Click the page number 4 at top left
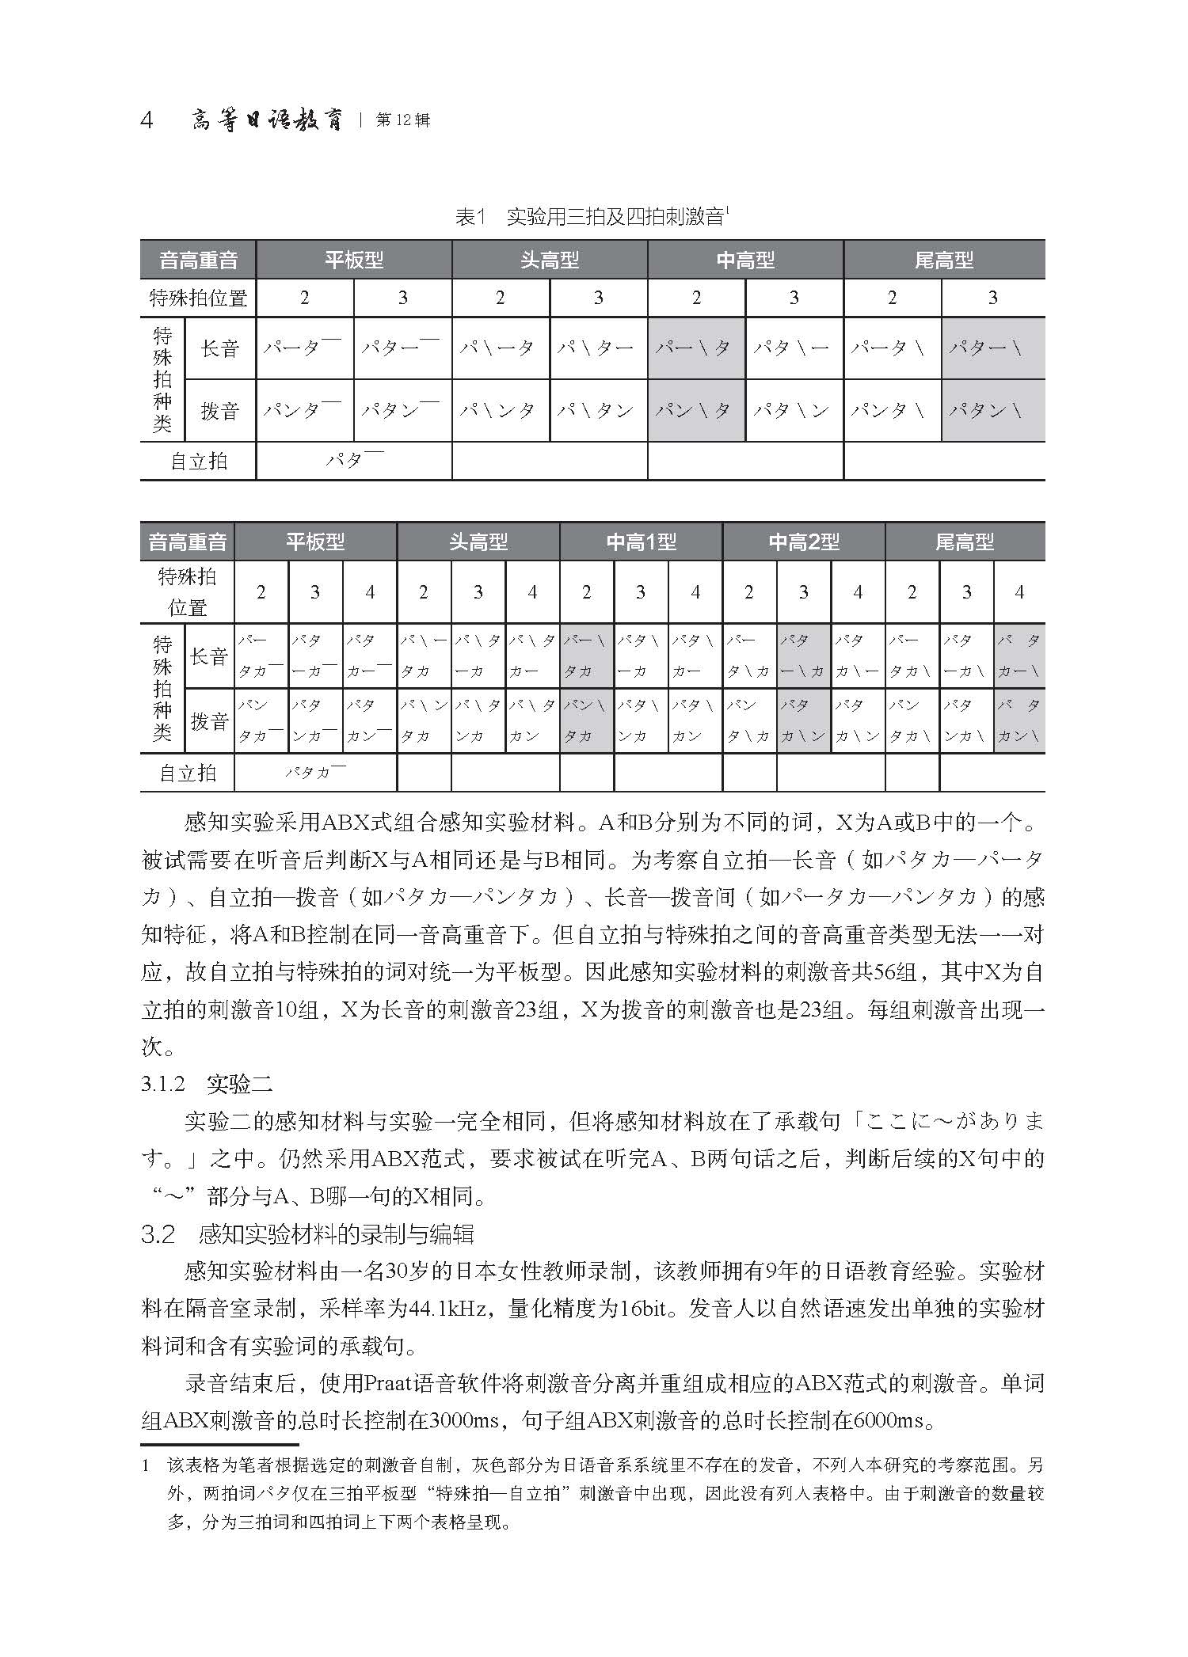click(147, 121)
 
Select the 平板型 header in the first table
click(354, 260)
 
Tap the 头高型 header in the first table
click(550, 260)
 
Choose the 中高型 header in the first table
click(745, 260)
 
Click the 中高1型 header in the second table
click(641, 542)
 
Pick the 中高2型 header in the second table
click(804, 542)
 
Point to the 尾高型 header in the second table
click(965, 542)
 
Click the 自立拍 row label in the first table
click(199, 461)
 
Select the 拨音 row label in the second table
click(209, 721)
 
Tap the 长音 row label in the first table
click(220, 348)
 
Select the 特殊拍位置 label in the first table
click(199, 298)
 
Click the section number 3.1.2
click(163, 1084)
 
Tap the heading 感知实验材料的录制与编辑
click(337, 1234)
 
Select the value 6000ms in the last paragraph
click(893, 1420)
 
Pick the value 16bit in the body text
click(643, 1309)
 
